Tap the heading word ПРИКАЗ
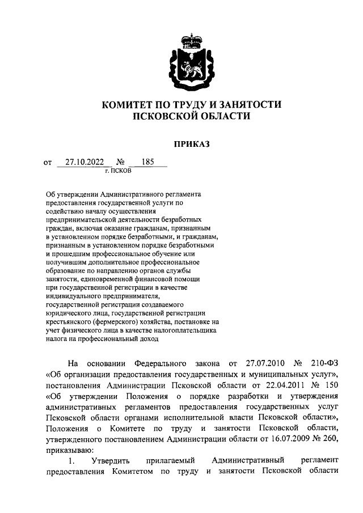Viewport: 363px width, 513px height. (192, 144)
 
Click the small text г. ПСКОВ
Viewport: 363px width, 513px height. (118, 171)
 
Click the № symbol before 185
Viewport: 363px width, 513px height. (121, 163)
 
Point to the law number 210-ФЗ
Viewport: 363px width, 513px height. (324, 363)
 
